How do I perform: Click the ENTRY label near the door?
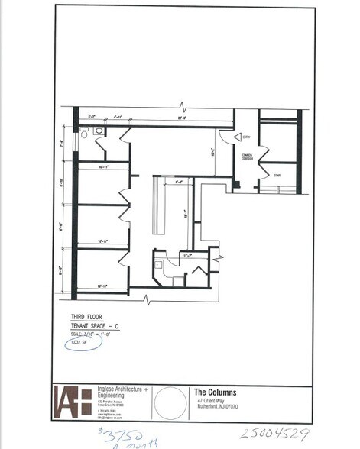coord(247,137)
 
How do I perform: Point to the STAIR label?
coord(277,176)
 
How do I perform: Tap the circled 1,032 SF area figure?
coord(79,341)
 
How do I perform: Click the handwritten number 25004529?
coord(274,434)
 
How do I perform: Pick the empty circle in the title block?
coord(169,402)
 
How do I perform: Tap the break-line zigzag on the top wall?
coord(182,105)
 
